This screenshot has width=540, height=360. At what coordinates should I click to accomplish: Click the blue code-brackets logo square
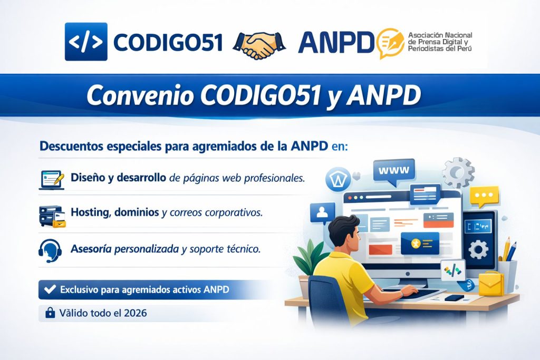(86, 42)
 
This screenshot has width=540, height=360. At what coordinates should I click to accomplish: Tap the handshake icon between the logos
(259, 45)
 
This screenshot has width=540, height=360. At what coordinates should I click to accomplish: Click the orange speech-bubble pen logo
(390, 43)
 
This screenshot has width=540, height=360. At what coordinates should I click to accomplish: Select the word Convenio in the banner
(140, 95)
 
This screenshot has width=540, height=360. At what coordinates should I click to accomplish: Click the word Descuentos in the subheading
(71, 146)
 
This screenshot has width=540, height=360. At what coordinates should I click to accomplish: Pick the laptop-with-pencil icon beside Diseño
(52, 180)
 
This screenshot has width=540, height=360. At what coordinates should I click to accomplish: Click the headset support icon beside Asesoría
(50, 250)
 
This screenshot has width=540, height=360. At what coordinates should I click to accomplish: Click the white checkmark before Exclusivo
(50, 289)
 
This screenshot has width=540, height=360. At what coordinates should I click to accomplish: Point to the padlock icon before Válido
(50, 313)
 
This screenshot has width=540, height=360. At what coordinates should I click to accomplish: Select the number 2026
(136, 313)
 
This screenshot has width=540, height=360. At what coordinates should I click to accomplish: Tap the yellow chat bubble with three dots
(484, 196)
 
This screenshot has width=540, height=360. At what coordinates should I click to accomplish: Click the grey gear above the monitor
(458, 172)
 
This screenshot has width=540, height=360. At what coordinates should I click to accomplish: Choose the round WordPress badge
(338, 179)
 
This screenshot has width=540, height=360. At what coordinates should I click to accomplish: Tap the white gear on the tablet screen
(478, 249)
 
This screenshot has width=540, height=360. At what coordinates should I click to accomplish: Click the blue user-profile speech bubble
(322, 213)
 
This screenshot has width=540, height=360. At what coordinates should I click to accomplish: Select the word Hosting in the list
(91, 213)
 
